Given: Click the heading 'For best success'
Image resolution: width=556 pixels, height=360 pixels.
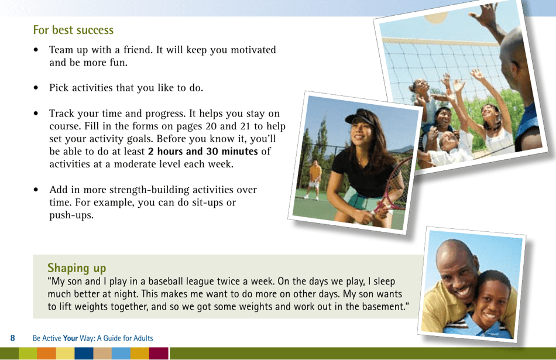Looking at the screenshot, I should click(73, 30).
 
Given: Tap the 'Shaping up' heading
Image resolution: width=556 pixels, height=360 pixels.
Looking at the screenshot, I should click(77, 268).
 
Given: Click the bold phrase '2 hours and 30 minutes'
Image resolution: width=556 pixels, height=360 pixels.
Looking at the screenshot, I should click(203, 152).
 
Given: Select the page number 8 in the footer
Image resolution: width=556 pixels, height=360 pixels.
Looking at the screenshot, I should click(12, 338).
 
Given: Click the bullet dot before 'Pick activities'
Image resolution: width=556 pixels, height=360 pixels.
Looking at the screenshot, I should click(36, 88).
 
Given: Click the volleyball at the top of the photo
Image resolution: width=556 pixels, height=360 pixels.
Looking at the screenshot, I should click(440, 16).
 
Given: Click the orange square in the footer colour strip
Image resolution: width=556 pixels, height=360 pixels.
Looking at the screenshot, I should click(46, 354).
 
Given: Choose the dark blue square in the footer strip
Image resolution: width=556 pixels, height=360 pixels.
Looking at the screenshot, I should click(84, 354).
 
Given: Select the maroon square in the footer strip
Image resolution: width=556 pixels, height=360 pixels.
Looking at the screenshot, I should click(158, 354).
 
